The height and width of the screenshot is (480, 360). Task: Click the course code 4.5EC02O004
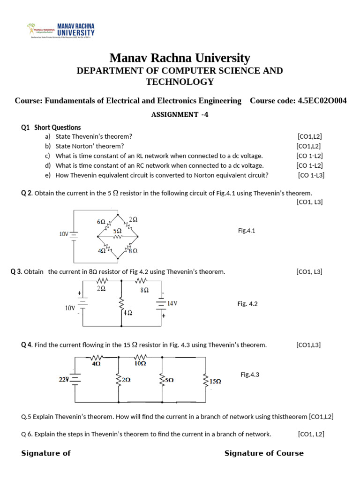click(x=322, y=101)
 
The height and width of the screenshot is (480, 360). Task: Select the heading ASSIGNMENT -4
click(x=180, y=114)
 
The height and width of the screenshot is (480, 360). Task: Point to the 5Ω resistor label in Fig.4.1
click(x=118, y=231)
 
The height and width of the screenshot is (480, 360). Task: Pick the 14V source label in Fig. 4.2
click(x=172, y=303)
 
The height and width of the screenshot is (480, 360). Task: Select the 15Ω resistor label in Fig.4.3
click(x=215, y=382)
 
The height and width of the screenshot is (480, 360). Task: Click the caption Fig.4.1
click(x=247, y=230)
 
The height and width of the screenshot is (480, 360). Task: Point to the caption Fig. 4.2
click(x=247, y=304)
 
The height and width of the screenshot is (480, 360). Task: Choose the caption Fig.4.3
click(x=250, y=375)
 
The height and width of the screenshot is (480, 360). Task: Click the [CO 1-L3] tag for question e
click(x=311, y=175)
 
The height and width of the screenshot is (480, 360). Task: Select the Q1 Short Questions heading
click(x=51, y=127)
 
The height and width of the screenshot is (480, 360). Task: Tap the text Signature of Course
click(x=264, y=453)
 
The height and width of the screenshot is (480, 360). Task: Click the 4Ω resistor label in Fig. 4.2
click(x=127, y=312)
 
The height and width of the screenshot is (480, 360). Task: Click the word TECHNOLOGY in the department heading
click(x=180, y=82)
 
